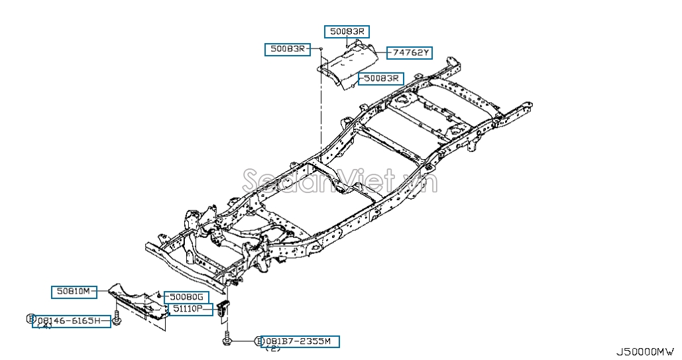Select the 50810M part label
coord(74,291)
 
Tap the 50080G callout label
coord(186,296)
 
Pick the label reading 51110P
coord(188,309)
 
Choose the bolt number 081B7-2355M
coord(302,341)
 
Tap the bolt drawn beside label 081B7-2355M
coord(227,340)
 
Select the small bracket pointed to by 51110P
coord(225,310)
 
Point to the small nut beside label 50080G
coord(160,294)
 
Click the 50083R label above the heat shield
coord(347,31)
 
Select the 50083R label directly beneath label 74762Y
coord(380,78)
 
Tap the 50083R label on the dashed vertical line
coord(288,49)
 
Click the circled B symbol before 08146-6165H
coord(30,319)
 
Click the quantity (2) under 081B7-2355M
coord(272,349)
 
